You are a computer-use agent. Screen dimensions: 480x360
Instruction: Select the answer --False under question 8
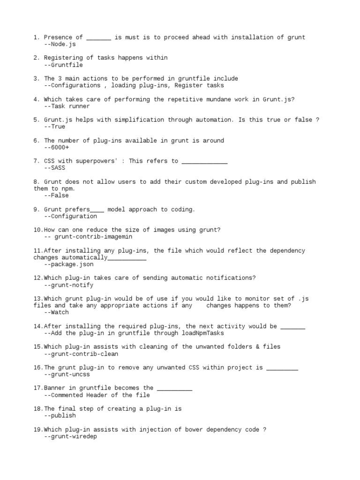pos(56,195)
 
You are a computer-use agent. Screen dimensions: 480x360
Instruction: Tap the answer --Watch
pos(56,312)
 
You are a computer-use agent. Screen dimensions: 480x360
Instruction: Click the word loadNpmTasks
pos(202,333)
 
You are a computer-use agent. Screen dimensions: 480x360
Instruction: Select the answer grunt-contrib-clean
pos(81,354)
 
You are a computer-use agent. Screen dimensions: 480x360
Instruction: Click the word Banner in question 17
pos(54,388)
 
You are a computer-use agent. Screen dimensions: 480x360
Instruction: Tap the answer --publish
pos(60,415)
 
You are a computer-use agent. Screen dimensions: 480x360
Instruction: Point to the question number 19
pos(37,429)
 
